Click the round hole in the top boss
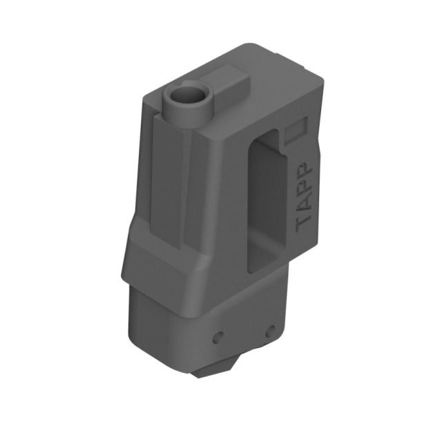[x=186, y=95]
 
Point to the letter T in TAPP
[x=304, y=222]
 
